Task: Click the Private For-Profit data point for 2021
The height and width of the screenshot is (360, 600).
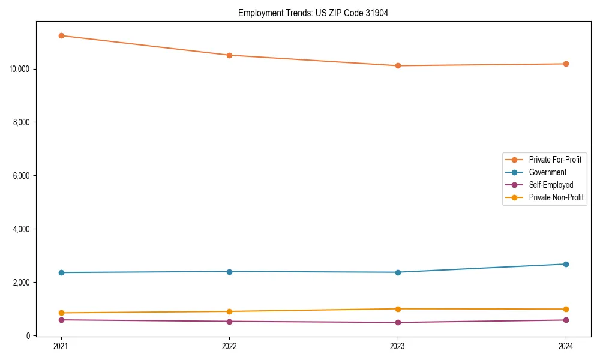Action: click(x=61, y=35)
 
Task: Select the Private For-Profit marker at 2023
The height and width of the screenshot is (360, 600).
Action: click(x=397, y=65)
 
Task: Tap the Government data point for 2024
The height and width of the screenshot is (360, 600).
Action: click(x=566, y=264)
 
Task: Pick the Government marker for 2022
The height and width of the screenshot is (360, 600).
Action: click(x=229, y=272)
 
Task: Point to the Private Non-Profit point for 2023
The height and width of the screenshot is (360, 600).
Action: click(x=397, y=309)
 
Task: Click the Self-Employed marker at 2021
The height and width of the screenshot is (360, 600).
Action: click(x=61, y=320)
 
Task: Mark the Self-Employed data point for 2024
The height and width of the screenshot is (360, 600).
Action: click(x=566, y=320)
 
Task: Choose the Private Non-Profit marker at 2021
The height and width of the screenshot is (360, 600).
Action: click(x=61, y=313)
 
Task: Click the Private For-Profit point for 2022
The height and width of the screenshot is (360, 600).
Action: click(x=229, y=55)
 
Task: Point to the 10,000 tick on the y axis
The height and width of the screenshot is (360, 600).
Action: click(x=20, y=69)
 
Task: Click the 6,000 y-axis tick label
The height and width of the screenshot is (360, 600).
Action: click(x=22, y=176)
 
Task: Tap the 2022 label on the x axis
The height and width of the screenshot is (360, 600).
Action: click(x=229, y=346)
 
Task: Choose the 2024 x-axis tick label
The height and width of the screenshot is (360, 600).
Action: click(x=566, y=346)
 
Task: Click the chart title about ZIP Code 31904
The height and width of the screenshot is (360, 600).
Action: click(x=313, y=13)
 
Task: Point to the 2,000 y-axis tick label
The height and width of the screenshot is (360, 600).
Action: click(x=22, y=283)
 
